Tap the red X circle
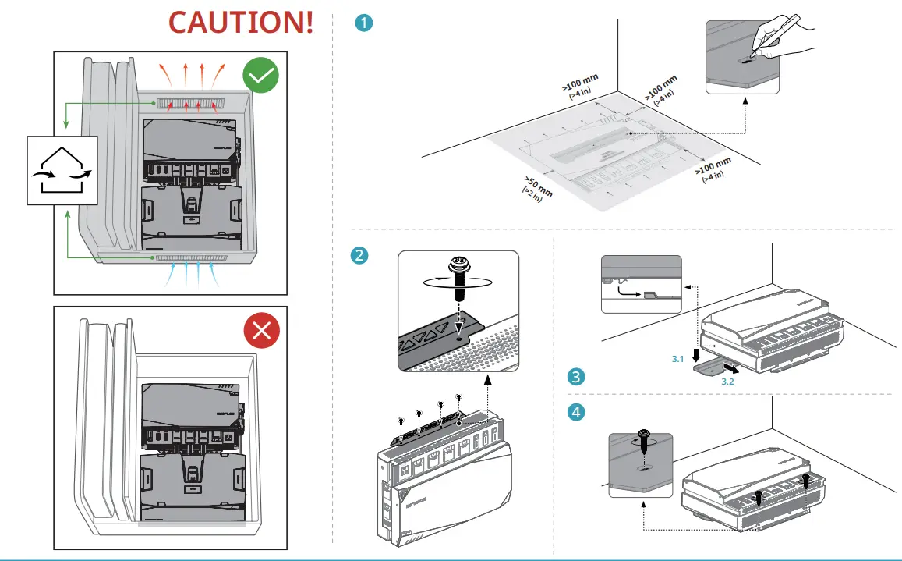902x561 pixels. point(261,331)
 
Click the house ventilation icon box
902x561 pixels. point(62,170)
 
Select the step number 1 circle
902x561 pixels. point(363,23)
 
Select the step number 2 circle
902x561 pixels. point(359,255)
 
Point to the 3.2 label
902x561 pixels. point(727,383)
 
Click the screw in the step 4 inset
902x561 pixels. point(644,437)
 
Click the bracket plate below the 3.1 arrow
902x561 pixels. point(711,369)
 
